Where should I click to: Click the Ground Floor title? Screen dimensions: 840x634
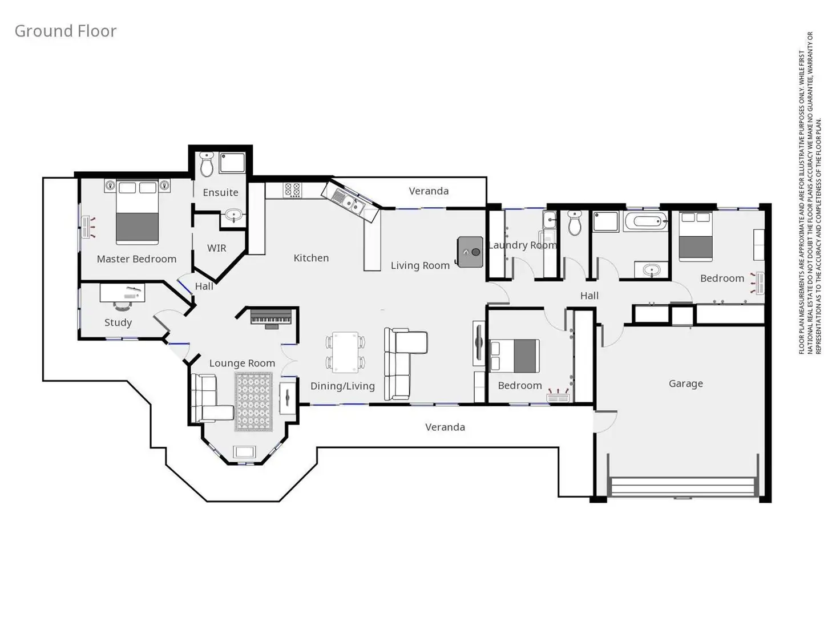click(x=65, y=31)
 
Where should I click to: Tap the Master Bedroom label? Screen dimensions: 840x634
click(x=136, y=259)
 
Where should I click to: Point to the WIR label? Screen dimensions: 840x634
click(x=216, y=248)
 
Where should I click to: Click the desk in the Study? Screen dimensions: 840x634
click(x=122, y=293)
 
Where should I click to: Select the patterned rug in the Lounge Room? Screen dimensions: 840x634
click(x=254, y=402)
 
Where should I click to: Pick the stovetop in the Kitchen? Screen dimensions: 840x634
click(x=293, y=189)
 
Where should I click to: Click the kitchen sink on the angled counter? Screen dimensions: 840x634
click(x=348, y=200)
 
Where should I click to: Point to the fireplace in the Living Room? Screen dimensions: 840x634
click(x=470, y=252)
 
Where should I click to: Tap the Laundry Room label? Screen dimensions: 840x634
click(x=522, y=245)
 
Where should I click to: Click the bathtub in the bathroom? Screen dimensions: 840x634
click(x=646, y=221)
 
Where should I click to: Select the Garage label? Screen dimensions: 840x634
click(x=685, y=384)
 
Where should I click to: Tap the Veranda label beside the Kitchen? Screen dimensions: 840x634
click(x=429, y=191)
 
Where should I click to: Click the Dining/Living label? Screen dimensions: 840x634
click(x=342, y=386)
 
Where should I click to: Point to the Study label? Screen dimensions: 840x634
click(x=118, y=323)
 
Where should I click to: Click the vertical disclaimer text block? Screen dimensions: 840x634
click(x=810, y=194)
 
